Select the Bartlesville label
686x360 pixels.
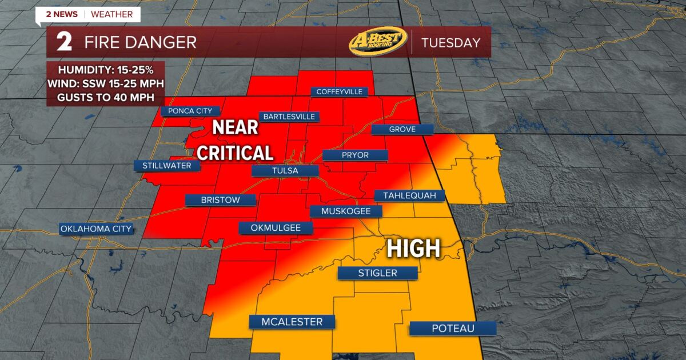289,117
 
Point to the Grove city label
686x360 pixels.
402,129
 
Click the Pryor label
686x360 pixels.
355,155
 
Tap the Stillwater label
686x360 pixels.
167,166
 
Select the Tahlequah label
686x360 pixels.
409,195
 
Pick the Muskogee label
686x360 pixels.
346,211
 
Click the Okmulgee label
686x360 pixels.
276,228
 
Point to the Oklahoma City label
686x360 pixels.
97,229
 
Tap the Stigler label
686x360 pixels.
377,273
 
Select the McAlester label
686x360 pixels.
292,322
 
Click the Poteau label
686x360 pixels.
453,328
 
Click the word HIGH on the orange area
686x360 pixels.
414,249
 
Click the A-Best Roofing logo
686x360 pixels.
378,42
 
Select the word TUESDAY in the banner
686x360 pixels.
450,43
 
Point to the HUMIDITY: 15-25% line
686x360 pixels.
106,70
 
